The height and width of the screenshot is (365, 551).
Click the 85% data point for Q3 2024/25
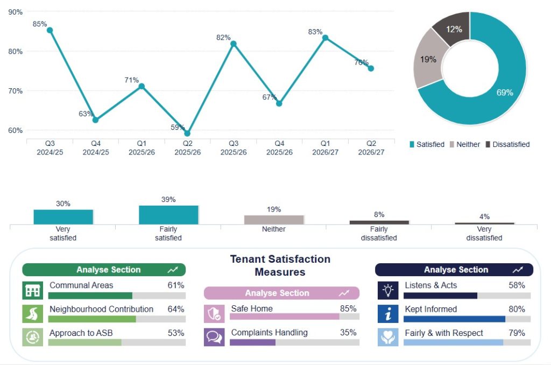click(x=50, y=30)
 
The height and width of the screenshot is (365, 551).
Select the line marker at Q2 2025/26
click(x=187, y=134)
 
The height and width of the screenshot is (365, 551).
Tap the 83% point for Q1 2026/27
click(x=326, y=38)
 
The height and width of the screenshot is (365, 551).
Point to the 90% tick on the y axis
click(x=16, y=12)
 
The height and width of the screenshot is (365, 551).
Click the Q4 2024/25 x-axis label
click(x=96, y=148)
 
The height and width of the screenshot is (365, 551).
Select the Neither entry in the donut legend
click(x=465, y=144)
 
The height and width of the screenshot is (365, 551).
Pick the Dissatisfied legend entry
click(x=508, y=144)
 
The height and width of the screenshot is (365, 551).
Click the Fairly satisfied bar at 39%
click(x=168, y=215)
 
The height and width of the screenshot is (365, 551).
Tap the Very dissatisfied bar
click(x=484, y=223)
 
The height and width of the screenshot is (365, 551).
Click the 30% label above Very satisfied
click(x=63, y=203)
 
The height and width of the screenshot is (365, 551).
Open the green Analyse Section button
click(x=104, y=270)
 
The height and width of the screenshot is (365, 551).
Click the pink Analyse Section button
click(x=281, y=293)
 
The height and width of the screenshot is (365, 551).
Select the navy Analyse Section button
click(x=454, y=270)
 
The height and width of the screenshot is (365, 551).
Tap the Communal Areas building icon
click(x=33, y=291)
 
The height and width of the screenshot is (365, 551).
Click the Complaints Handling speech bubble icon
click(x=214, y=337)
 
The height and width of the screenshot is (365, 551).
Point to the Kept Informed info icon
click(x=388, y=314)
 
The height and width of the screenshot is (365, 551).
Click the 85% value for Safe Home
click(x=348, y=308)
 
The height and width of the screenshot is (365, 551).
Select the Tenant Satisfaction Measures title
click(x=280, y=265)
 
